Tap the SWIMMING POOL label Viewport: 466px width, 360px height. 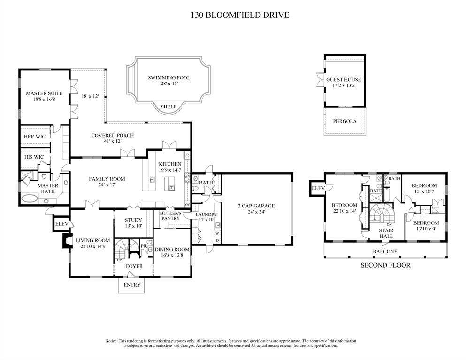[x=168, y=77]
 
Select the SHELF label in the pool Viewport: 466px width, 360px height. [x=168, y=107]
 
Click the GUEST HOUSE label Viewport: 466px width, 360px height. [x=344, y=80]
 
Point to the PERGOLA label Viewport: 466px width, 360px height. [x=344, y=121]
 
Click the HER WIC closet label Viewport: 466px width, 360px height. [x=34, y=137]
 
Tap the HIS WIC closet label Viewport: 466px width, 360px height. [x=34, y=157]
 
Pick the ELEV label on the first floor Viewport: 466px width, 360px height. [x=61, y=224]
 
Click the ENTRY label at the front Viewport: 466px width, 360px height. [x=132, y=285]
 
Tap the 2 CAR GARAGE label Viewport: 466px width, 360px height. [x=256, y=206]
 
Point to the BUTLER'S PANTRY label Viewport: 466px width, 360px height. [x=171, y=215]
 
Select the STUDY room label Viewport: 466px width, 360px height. [x=133, y=220]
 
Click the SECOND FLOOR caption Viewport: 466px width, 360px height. [x=385, y=265]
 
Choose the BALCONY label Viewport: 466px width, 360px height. [x=385, y=252]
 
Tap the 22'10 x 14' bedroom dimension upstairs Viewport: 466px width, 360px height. [x=344, y=211]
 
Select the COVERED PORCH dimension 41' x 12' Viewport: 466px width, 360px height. [x=112, y=142]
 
